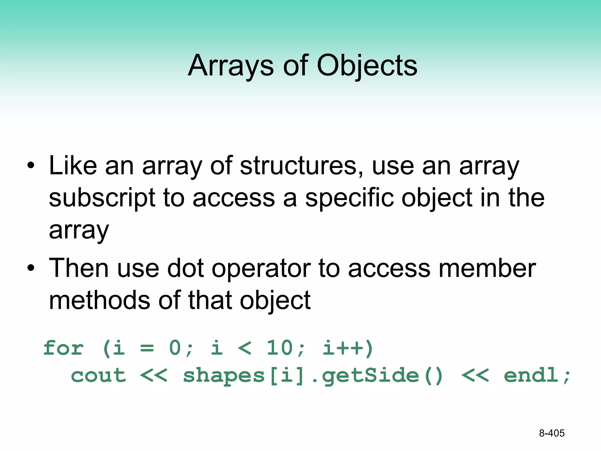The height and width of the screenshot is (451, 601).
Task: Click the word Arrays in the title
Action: (231, 66)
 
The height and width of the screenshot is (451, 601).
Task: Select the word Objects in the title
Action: (367, 66)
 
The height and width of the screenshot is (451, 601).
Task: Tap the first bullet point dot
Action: (31, 166)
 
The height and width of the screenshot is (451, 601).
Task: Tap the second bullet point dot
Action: (31, 268)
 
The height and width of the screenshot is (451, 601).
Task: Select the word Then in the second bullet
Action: (79, 268)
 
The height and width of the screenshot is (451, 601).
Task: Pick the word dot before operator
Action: (185, 268)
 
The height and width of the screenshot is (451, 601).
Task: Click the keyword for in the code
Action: (63, 348)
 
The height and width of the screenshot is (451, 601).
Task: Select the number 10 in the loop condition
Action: (279, 348)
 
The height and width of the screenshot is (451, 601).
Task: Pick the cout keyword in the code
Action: (99, 376)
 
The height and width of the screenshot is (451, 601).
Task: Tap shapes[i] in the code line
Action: (244, 376)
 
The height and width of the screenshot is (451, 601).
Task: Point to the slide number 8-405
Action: (552, 433)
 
